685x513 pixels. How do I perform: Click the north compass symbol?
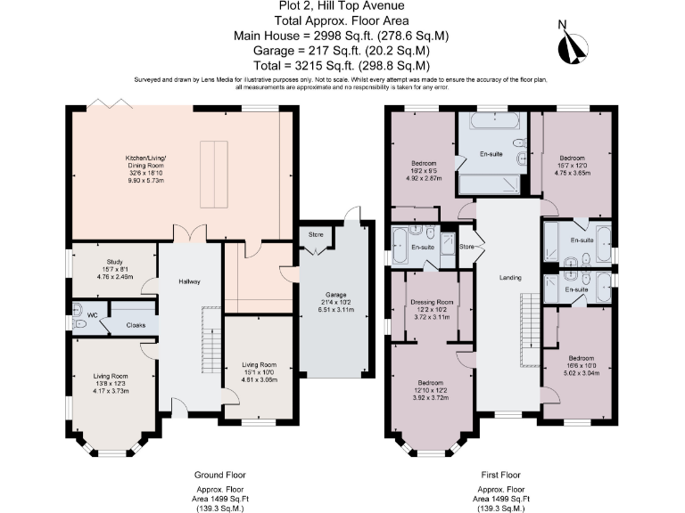pos(571,45)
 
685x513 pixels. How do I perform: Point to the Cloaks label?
pos(136,326)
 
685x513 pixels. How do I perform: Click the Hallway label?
pos(188,281)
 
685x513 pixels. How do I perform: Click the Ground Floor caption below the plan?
pos(220,475)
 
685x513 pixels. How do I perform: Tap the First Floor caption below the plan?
pos(499,475)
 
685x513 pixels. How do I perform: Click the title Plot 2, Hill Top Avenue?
pos(342,7)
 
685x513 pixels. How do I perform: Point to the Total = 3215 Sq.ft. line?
pos(343,65)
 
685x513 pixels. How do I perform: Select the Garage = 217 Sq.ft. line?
pos(342,51)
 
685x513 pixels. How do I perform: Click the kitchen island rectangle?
pos(211,173)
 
